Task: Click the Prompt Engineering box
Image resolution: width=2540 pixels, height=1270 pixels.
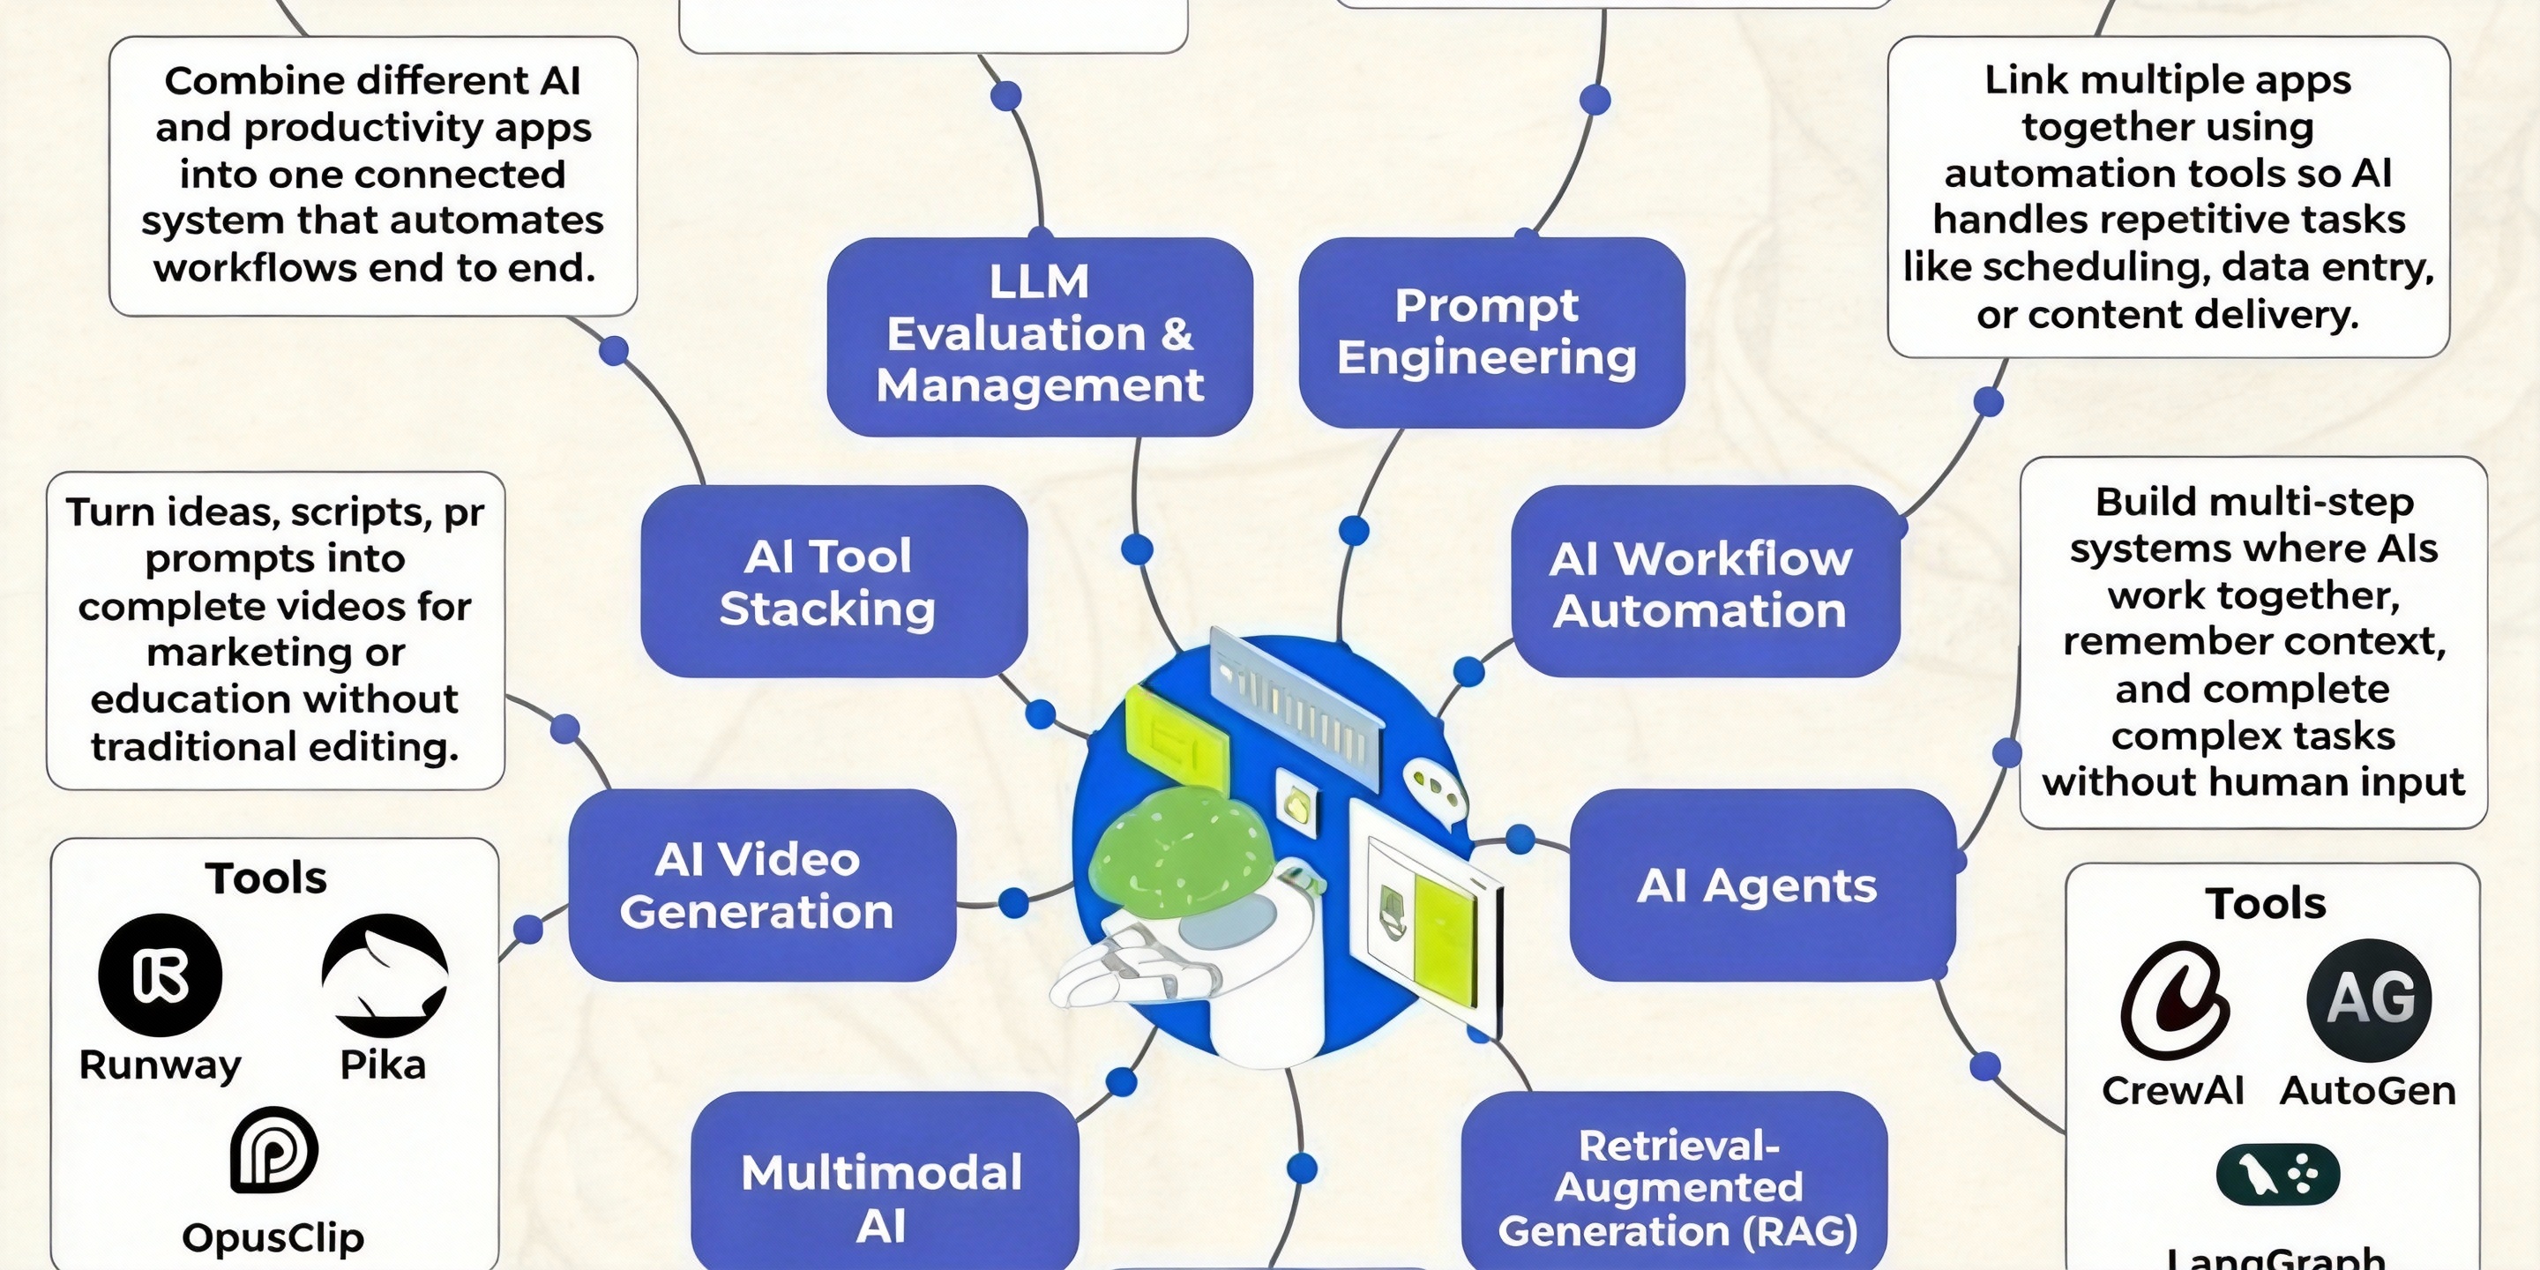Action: [x=1490, y=332]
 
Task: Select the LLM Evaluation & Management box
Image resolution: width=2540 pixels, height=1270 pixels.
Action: [x=1039, y=335]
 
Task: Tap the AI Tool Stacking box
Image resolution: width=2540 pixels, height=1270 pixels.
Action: [x=833, y=582]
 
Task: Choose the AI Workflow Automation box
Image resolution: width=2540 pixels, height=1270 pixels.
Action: [x=1704, y=583]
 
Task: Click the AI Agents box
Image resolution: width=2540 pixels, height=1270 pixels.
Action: [x=1761, y=885]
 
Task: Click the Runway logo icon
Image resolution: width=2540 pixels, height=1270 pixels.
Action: [x=160, y=975]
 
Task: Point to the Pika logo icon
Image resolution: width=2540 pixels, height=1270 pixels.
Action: [x=385, y=975]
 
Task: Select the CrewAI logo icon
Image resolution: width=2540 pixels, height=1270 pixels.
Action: [x=2173, y=1000]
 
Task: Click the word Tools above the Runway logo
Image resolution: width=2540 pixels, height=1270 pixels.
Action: [x=266, y=878]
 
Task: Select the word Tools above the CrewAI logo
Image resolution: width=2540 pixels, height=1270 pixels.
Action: [x=2266, y=903]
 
